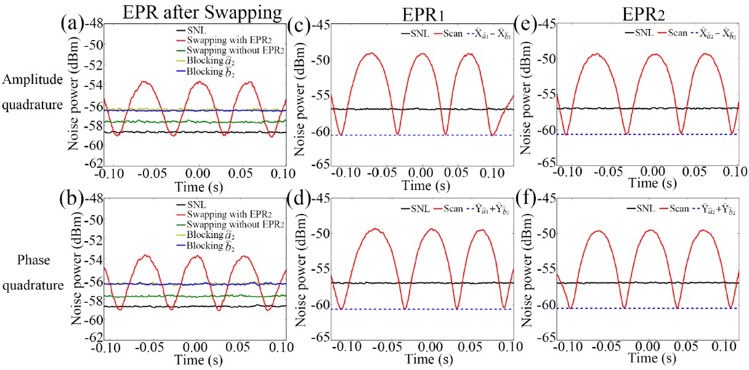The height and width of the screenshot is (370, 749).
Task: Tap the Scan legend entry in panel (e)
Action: pyautogui.click(x=673, y=35)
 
